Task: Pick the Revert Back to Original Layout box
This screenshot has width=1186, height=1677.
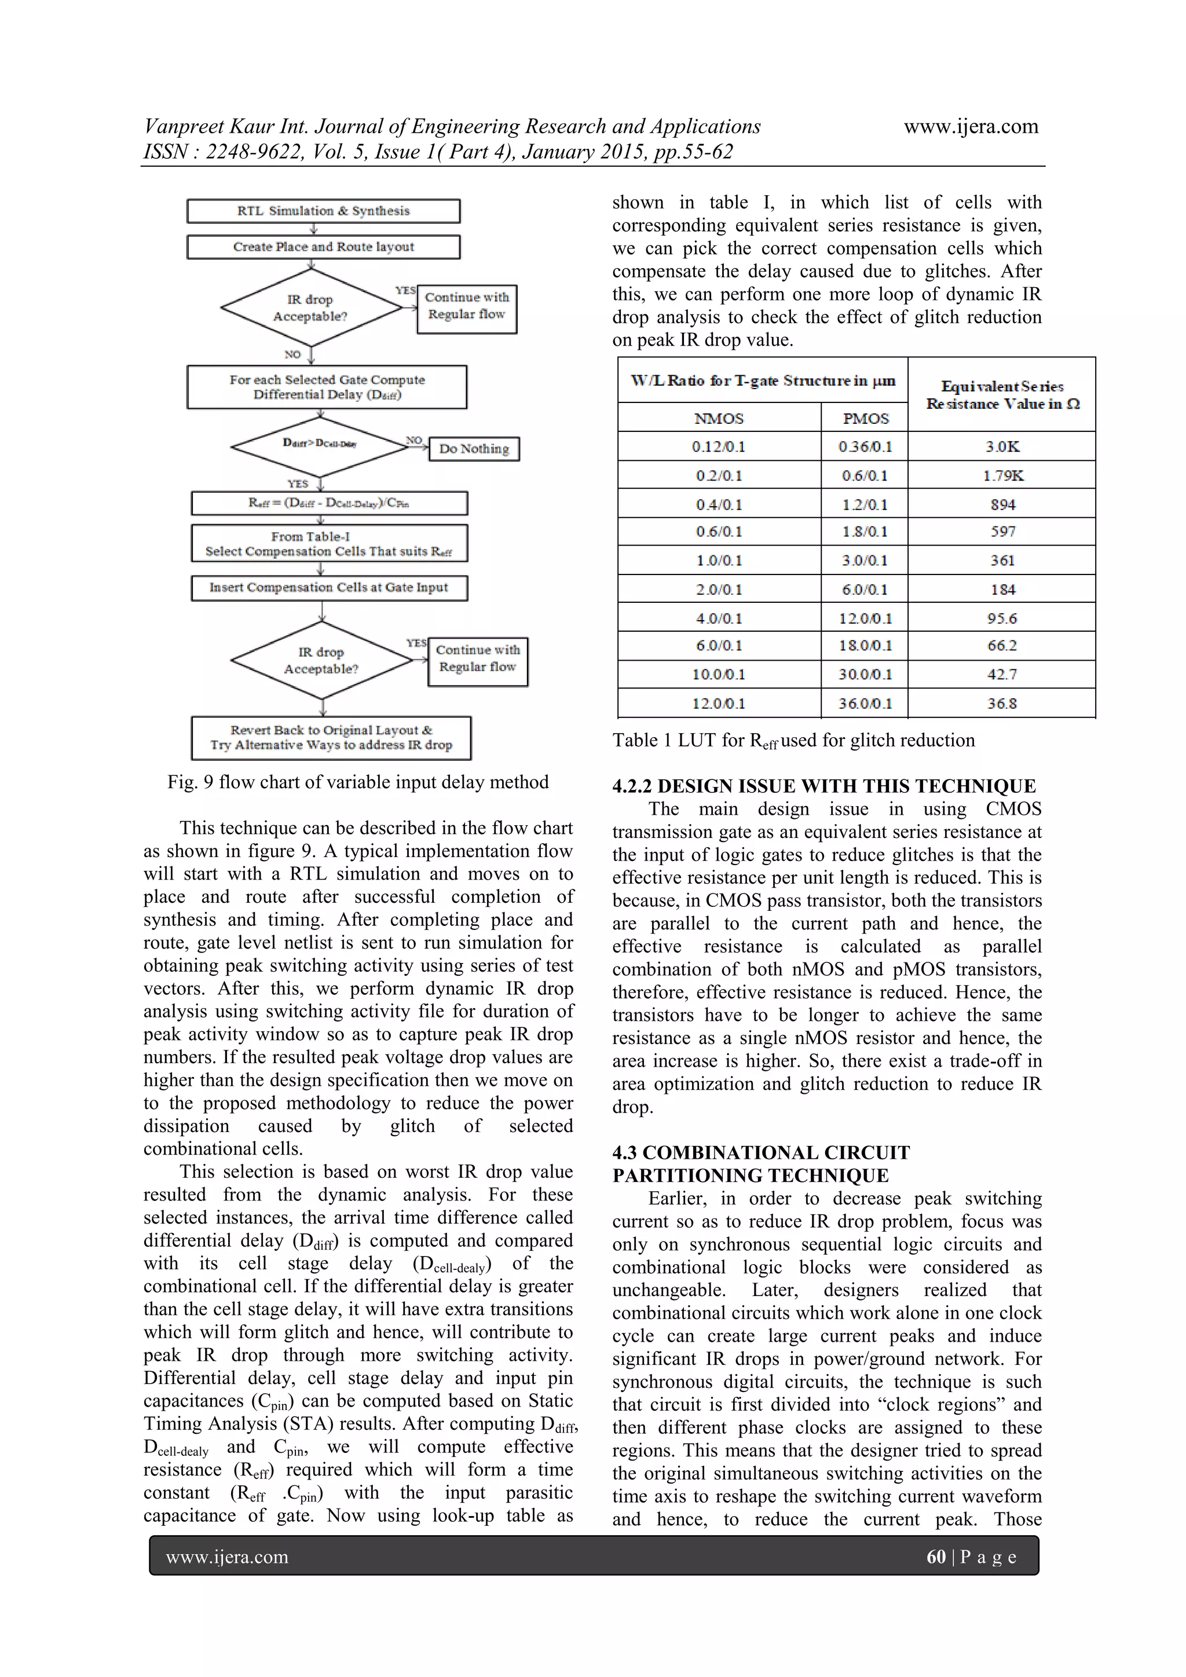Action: (331, 738)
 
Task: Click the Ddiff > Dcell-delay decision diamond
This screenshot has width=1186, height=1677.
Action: (320, 445)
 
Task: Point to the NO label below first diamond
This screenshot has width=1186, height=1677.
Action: (292, 354)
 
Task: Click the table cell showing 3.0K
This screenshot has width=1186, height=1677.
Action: (1001, 446)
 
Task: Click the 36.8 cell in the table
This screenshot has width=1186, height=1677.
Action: (1002, 704)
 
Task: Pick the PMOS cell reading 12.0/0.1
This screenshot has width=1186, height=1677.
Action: (865, 618)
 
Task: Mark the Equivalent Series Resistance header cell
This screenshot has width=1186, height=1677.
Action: (1002, 394)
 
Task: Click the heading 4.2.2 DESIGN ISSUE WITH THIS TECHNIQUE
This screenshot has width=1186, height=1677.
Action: (824, 786)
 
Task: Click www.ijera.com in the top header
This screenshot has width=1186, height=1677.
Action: (971, 126)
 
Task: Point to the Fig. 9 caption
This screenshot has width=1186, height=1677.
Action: (358, 782)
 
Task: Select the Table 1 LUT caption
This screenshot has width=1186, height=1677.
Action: (793, 741)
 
